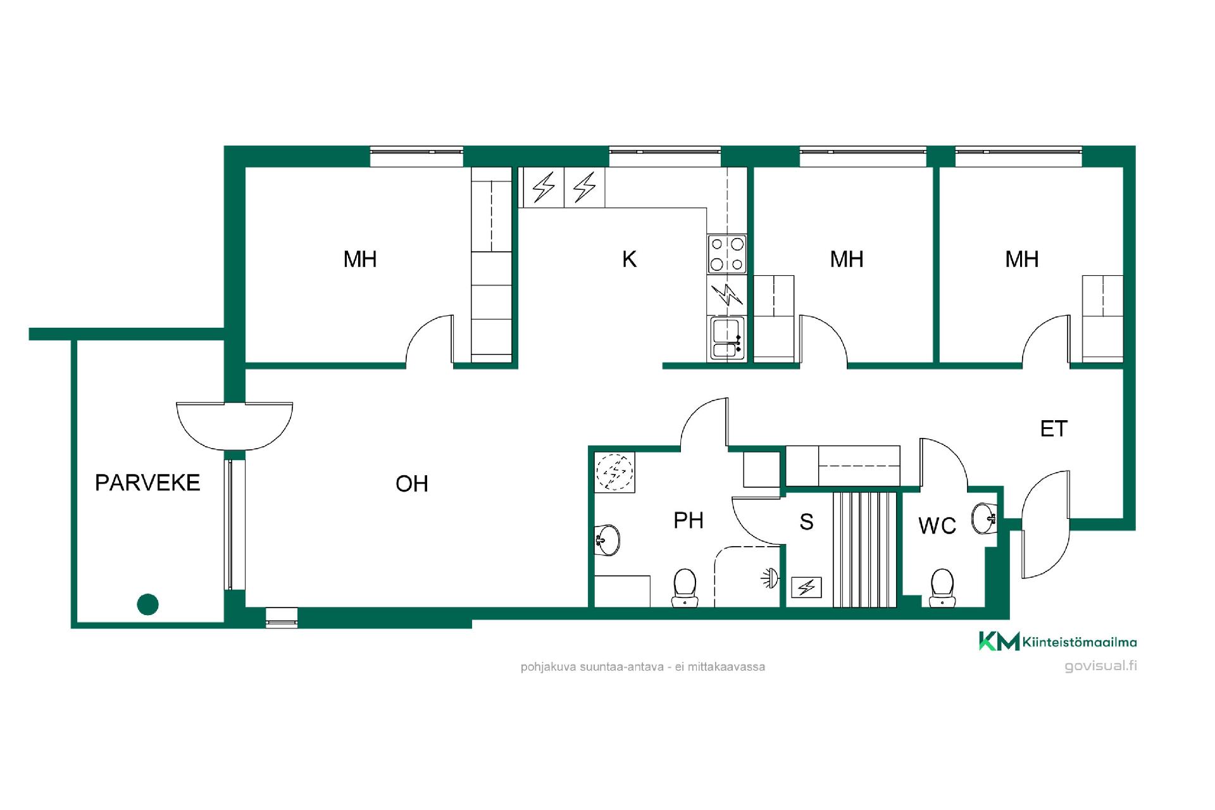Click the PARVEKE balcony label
point(147,483)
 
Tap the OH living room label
point(412,484)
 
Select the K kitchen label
point(629,259)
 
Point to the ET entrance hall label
point(1054,429)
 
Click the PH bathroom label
point(688,520)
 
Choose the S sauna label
point(806,522)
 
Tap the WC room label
point(937,525)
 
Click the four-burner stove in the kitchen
point(727,254)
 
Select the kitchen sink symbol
point(727,339)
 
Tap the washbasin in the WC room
point(985,518)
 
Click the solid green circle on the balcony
point(147,604)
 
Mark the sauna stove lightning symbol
point(806,588)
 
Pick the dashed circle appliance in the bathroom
point(614,471)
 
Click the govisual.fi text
point(1100,666)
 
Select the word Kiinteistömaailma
point(1080,642)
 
